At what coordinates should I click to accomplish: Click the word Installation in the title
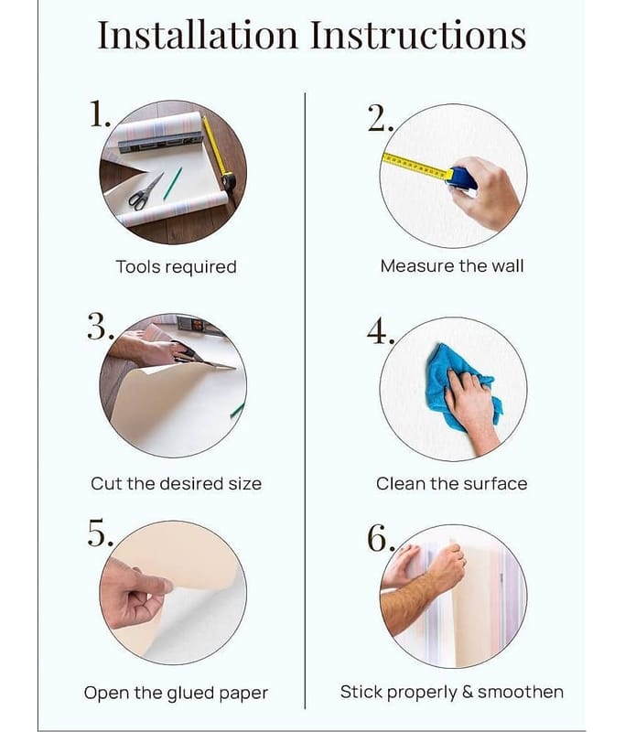198,34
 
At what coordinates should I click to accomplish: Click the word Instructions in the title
418,34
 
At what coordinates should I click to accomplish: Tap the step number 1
100,113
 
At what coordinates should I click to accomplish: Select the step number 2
380,118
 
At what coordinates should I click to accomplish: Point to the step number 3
100,327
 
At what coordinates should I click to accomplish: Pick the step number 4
381,331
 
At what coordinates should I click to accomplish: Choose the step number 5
100,533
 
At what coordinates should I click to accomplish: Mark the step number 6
381,538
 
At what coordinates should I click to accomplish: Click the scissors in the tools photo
145,191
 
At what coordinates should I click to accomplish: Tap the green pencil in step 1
172,183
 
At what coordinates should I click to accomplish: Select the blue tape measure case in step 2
462,178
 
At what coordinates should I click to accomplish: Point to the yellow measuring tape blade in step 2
417,167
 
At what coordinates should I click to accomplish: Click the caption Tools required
177,267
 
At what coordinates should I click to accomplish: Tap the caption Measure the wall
452,266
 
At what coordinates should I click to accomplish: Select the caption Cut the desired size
177,484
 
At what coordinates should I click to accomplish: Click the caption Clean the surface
452,484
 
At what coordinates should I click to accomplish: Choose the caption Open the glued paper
176,694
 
